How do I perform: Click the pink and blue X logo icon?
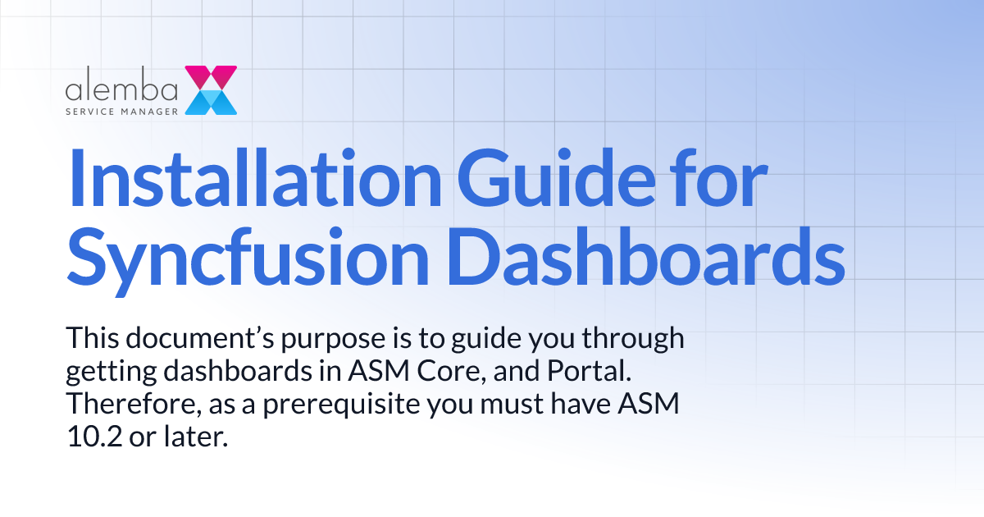click(211, 89)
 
